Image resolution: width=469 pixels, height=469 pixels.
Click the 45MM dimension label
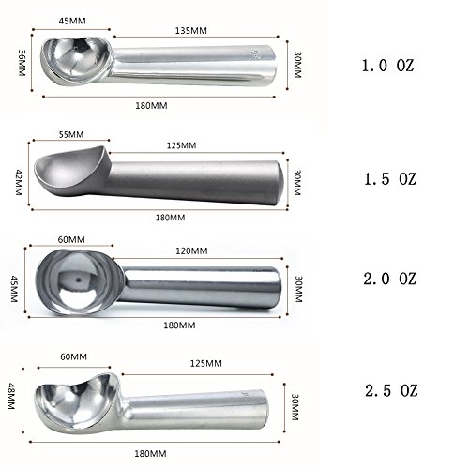point(72,21)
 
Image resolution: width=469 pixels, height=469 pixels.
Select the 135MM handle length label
point(190,31)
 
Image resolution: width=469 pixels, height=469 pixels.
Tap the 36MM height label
point(22,63)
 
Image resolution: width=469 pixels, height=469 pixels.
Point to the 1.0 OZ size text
point(387,66)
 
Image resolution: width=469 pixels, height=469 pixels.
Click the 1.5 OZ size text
point(390,179)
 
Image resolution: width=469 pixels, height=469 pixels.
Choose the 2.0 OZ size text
point(389,279)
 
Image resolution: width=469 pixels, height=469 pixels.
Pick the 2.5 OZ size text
point(391,391)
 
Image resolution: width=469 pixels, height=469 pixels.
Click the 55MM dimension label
point(71,135)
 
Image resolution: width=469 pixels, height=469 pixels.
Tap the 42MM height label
point(19,183)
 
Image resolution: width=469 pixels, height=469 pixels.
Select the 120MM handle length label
point(191,250)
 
